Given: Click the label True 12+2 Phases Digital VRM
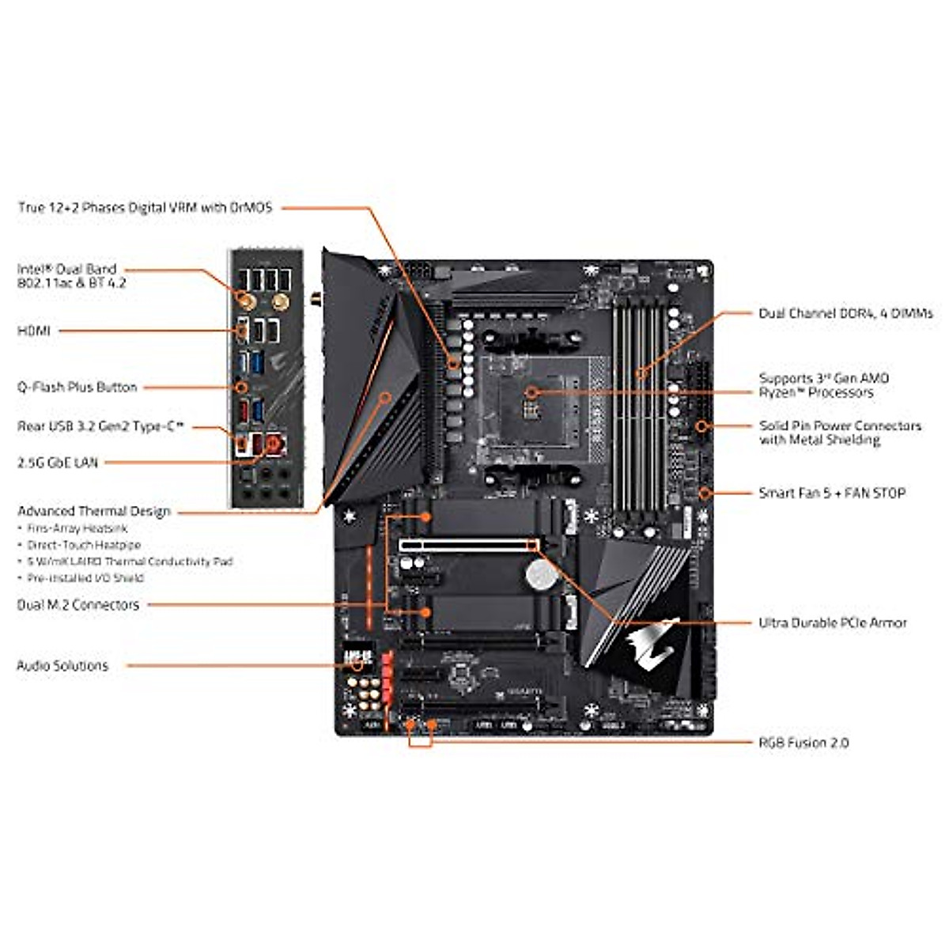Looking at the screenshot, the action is click(145, 208).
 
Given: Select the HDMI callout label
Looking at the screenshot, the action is click(34, 331).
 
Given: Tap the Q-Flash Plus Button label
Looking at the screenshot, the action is click(78, 388).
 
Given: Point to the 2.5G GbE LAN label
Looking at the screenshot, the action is click(58, 463).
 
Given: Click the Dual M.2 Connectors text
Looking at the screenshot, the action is click(78, 605).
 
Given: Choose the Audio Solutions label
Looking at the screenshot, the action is click(62, 666).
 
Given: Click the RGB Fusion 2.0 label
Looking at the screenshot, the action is click(803, 743).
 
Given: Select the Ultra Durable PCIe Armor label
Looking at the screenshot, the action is click(833, 623).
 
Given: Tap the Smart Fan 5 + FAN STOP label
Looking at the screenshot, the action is click(832, 493).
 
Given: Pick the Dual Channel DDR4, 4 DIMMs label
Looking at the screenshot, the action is click(845, 314).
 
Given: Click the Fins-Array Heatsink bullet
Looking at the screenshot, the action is click(77, 528).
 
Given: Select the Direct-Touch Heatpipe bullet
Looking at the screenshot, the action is click(84, 545).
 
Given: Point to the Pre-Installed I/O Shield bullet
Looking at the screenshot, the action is click(85, 578).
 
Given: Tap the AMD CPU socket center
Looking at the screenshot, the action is click(531, 393).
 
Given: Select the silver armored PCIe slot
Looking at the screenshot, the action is click(468, 545).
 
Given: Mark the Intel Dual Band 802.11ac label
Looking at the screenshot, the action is click(71, 276).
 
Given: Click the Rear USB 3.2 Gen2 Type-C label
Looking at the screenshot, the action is click(100, 427).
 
